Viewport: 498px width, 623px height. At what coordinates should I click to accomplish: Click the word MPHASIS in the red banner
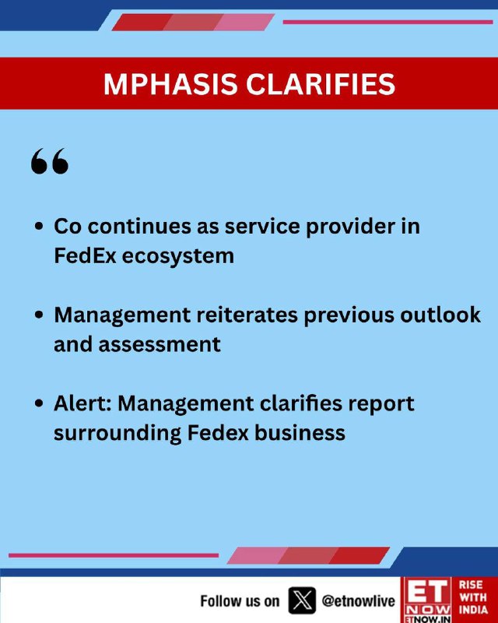pos(170,84)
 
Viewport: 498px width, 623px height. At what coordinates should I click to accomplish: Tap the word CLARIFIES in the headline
pos(321,84)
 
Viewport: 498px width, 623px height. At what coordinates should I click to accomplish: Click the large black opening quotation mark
pos(50,161)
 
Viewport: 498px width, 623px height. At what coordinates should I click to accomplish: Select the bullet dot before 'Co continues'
pos(39,226)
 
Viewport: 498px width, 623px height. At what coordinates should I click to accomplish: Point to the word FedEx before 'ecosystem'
pos(85,255)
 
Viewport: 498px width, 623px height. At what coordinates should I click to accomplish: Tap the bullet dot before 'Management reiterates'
pos(39,315)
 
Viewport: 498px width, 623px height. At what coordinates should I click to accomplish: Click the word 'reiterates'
pos(247,315)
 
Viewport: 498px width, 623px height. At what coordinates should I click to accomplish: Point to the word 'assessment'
pos(160,344)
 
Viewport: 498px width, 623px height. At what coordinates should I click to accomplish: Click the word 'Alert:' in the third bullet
pos(82,403)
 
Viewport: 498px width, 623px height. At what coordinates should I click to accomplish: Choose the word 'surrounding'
pos(117,434)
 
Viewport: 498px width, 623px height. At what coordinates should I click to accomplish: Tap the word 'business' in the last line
pos(300,432)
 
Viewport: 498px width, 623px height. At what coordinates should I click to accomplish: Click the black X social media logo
pos(302,600)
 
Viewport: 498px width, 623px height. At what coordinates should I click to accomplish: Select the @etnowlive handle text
pos(359,600)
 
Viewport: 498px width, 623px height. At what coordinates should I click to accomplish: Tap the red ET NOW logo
pos(427,600)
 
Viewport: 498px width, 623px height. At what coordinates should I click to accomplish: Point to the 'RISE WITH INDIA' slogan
pos(473,597)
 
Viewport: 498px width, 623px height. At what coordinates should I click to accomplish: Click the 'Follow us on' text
pos(240,601)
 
